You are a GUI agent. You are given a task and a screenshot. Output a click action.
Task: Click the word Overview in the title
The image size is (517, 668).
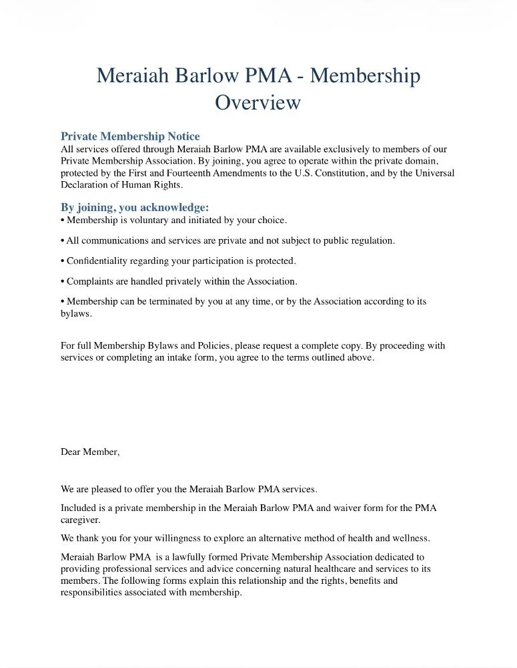tap(257, 103)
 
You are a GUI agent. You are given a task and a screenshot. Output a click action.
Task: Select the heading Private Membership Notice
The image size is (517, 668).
tap(130, 137)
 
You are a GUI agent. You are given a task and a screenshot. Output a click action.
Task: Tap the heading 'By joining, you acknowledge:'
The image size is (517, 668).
tap(135, 208)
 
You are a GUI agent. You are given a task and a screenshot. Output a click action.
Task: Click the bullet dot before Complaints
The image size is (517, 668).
tap(63, 281)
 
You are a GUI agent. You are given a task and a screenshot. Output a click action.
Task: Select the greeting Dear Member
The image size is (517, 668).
tap(90, 452)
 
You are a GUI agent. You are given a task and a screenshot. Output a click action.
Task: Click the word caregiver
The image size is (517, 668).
tap(81, 520)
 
